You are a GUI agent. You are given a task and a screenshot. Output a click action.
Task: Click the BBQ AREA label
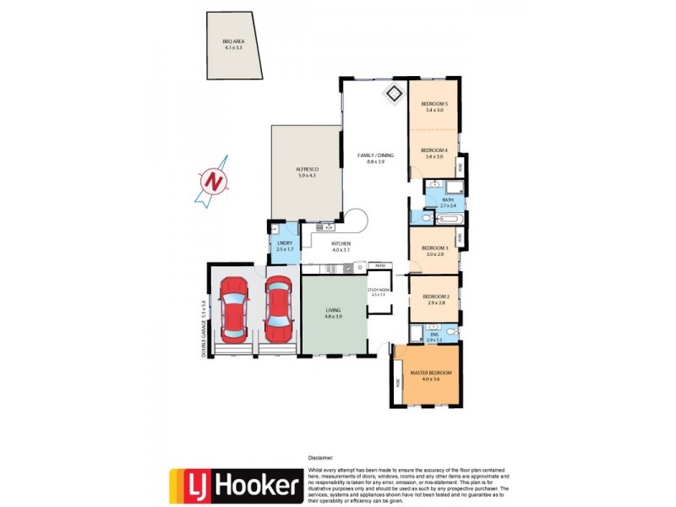coord(232,41)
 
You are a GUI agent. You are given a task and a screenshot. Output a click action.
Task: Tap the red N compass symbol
coord(215,180)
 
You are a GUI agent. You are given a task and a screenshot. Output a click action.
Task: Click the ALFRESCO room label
coord(306,168)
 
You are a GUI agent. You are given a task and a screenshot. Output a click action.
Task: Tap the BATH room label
coord(448,199)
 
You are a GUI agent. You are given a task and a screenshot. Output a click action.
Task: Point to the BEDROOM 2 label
coord(434,296)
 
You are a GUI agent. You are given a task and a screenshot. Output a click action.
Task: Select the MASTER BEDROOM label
coord(431,373)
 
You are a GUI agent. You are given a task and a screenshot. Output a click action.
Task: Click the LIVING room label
coord(334,311)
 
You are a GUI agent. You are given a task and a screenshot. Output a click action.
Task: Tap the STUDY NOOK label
coord(378,290)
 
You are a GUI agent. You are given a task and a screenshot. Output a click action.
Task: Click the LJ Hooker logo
coord(236,485)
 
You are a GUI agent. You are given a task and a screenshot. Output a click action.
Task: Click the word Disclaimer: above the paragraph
coord(321,455)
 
